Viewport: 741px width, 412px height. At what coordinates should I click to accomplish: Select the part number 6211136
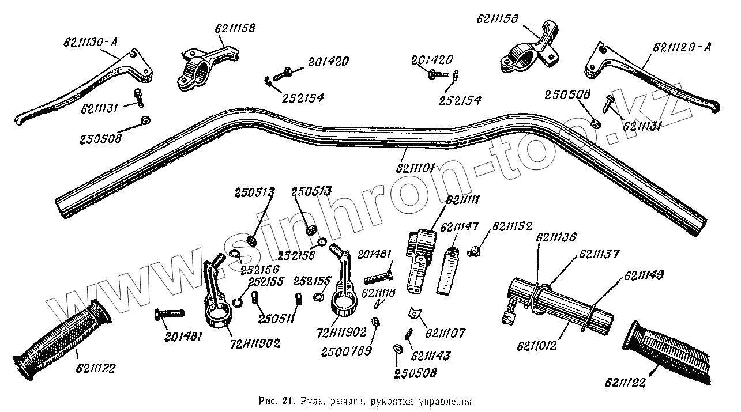pos(556,237)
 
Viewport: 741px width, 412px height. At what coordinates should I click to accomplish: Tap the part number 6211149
pos(642,276)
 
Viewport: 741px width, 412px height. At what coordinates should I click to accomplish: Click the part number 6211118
pos(378,293)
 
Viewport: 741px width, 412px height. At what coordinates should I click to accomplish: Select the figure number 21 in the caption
pos(289,400)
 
